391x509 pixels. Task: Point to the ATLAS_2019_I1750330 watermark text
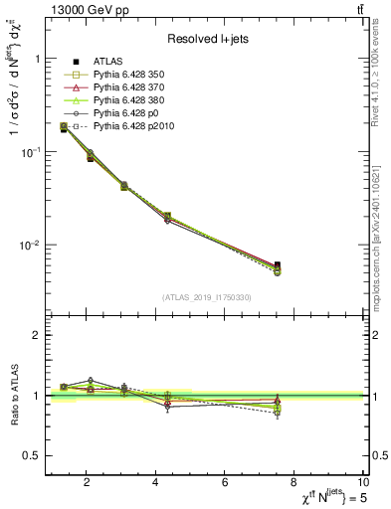[x=206, y=297]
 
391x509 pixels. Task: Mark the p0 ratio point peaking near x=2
[x=91, y=380]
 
